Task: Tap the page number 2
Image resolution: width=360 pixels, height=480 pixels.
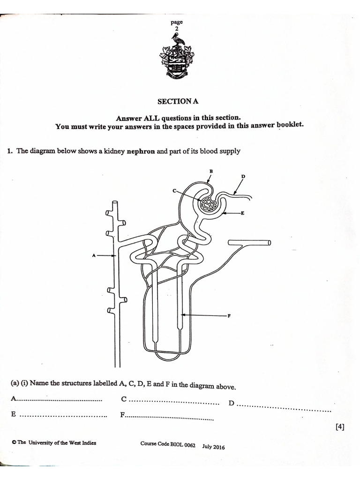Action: (x=177, y=29)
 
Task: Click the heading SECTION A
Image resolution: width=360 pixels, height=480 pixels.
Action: (x=177, y=101)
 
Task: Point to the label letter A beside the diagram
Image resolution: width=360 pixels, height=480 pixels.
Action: (x=94, y=255)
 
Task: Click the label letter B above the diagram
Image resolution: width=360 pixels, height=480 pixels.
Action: (x=211, y=172)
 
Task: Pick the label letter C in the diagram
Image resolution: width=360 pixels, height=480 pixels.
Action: (x=174, y=191)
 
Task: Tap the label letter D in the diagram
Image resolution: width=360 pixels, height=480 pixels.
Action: (x=243, y=177)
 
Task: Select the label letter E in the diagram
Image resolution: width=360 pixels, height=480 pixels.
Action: (x=243, y=213)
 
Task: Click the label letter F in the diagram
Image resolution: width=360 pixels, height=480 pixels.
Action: (x=230, y=315)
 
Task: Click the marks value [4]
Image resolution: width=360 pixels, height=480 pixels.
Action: (x=340, y=427)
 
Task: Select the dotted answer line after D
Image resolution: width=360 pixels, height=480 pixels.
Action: (x=284, y=406)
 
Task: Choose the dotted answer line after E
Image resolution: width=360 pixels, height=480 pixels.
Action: (x=64, y=415)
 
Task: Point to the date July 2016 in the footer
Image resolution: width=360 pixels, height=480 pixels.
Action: (x=214, y=447)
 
